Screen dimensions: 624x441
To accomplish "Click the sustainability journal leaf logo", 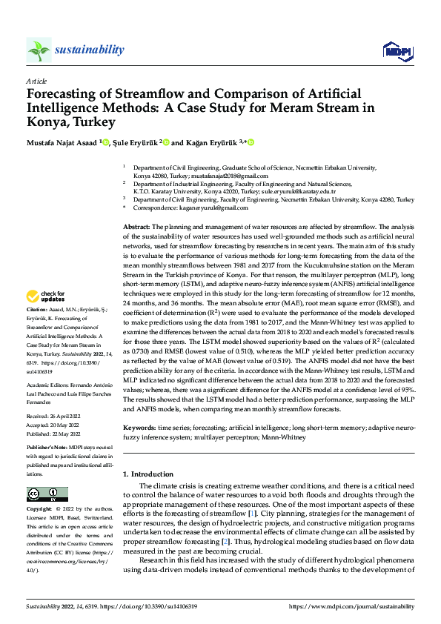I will (39, 50).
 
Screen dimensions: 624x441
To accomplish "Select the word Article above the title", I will (36, 80).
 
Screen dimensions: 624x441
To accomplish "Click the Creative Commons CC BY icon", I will (47, 494).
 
